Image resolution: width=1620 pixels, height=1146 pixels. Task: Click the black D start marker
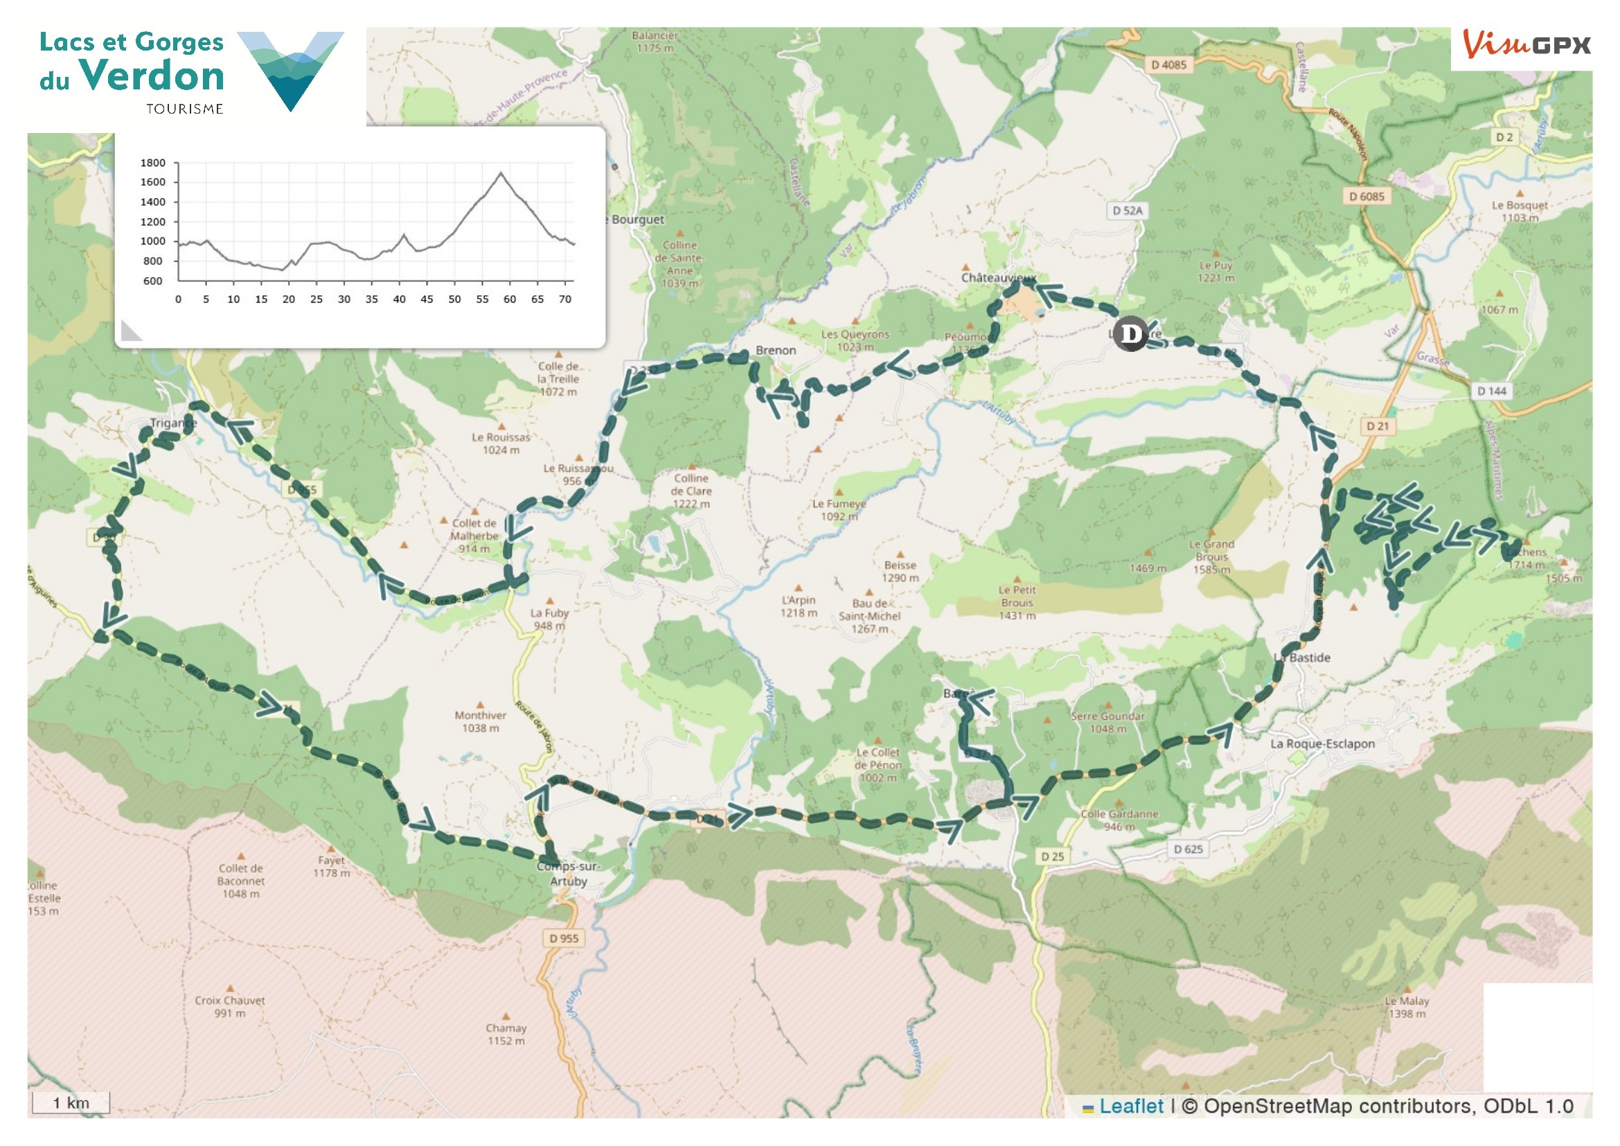tap(1130, 333)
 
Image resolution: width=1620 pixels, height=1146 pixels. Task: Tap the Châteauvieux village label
tap(997, 277)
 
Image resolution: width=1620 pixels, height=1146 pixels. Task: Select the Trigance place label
tap(173, 423)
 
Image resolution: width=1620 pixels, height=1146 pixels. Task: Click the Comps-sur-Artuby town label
tap(568, 873)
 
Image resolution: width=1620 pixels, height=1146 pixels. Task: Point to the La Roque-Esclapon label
tap(1322, 743)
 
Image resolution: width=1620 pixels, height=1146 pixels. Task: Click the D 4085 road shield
tap(1169, 65)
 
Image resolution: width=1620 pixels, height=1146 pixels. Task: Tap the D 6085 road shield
tap(1367, 196)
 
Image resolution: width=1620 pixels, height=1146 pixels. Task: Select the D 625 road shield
tap(1189, 849)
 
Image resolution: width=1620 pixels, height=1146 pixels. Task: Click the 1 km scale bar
tap(71, 1103)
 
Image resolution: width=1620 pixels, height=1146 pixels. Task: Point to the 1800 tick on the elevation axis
tap(153, 163)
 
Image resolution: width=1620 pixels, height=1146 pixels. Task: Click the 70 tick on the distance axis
tap(564, 299)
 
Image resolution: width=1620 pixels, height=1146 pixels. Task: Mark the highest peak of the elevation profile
tap(501, 173)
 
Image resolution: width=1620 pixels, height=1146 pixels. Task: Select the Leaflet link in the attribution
tap(1131, 1106)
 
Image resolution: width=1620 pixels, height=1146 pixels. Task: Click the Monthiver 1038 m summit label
tap(480, 721)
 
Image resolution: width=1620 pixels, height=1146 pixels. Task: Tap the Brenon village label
tap(776, 350)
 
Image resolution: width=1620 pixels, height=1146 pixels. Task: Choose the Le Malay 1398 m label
tap(1406, 1007)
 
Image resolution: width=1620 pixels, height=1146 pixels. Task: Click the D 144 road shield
tap(1492, 391)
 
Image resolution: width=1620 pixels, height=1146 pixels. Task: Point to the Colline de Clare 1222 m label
tap(691, 491)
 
